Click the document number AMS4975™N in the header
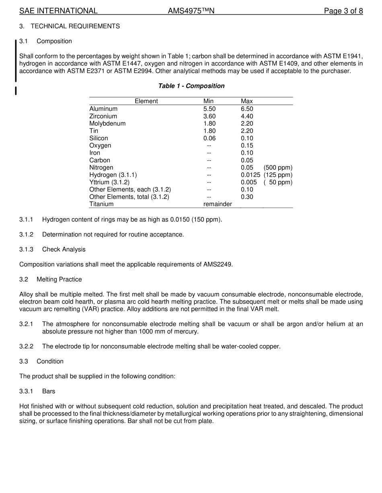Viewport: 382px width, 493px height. (x=191, y=11)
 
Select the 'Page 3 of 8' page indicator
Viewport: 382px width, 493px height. (x=343, y=11)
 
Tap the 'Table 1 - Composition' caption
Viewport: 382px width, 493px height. (x=191, y=86)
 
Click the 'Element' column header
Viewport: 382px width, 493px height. (x=146, y=101)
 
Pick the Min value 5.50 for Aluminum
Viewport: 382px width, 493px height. (x=209, y=109)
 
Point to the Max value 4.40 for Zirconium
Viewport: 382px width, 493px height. (x=247, y=116)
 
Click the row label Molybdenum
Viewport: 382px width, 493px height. (x=107, y=124)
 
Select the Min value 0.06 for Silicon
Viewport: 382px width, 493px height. (x=209, y=138)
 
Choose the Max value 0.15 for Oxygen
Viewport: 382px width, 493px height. (x=247, y=145)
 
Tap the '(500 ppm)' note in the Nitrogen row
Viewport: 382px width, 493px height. (x=278, y=168)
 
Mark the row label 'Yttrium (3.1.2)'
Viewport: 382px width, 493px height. (x=109, y=182)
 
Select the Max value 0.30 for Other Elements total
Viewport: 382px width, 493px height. (x=247, y=197)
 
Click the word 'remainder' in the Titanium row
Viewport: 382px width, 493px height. (x=218, y=204)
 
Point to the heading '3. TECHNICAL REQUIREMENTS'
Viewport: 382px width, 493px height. (x=70, y=26)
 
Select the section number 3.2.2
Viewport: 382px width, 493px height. (x=26, y=346)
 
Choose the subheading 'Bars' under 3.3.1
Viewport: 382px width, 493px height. (x=49, y=391)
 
